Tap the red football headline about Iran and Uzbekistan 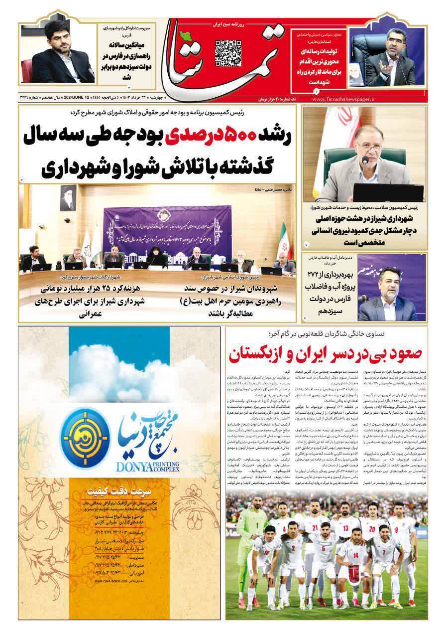tap(326, 354)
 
